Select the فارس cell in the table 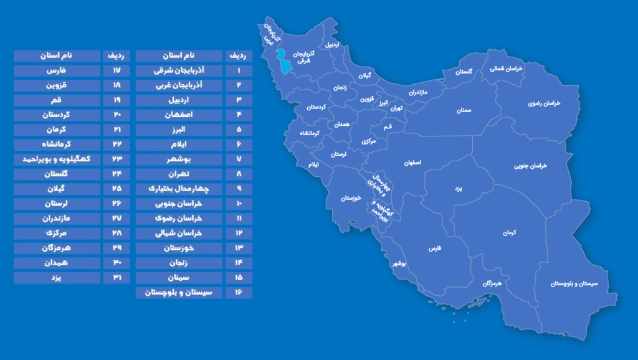[x=57, y=70]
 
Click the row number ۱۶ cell [x=239, y=292]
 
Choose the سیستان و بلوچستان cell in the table [x=179, y=292]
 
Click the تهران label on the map [x=396, y=108]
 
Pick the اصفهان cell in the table [x=179, y=115]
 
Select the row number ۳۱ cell [x=116, y=277]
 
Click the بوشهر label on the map [x=399, y=263]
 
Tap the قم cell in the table [x=57, y=100]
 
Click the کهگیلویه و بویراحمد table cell [x=57, y=159]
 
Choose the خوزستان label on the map [x=351, y=199]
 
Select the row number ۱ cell [x=239, y=70]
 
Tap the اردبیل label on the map [x=333, y=45]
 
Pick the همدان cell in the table [x=57, y=262]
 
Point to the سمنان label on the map [x=462, y=110]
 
